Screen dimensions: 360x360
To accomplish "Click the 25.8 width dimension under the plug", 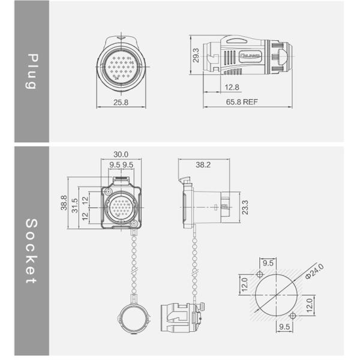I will click(121, 103).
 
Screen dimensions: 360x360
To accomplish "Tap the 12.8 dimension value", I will click(232, 88).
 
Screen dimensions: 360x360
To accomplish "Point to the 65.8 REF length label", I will click(242, 103).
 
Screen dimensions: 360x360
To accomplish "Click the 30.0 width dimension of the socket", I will click(121, 154).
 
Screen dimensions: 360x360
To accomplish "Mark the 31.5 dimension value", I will click(75, 205).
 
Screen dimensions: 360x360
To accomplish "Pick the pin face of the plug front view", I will click(121, 62).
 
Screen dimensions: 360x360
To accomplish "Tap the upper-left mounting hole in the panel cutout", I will click(260, 275).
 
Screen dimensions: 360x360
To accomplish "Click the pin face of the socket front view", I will click(121, 209).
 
